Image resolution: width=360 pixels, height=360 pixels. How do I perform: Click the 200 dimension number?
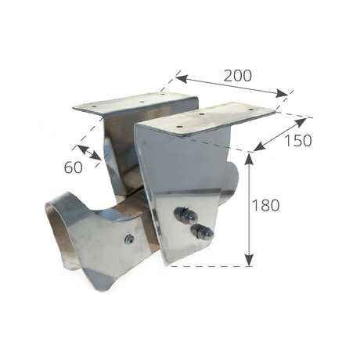click(238, 76)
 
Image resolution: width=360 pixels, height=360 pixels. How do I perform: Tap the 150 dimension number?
click(298, 141)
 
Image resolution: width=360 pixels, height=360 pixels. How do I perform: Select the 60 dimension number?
click(74, 167)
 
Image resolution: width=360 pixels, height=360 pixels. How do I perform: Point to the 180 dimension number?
click(266, 205)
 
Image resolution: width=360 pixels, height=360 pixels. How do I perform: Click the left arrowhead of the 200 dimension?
click(182, 78)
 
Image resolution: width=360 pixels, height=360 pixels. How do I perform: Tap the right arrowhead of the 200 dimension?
click(282, 93)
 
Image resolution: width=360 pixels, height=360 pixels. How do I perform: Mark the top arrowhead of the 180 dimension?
click(250, 159)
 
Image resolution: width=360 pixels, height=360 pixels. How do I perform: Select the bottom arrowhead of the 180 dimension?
click(250, 261)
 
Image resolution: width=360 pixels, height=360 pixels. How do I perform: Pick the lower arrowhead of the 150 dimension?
click(259, 147)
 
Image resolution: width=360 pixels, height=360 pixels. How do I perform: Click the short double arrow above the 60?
click(89, 153)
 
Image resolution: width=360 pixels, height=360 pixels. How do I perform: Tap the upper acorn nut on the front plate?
click(185, 214)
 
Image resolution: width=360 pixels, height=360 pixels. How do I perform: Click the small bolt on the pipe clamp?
click(129, 238)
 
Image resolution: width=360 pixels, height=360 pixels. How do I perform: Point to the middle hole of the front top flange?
click(201, 114)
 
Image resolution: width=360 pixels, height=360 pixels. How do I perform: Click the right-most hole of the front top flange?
click(251, 109)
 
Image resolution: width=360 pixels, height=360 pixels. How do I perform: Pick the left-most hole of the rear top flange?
click(94, 106)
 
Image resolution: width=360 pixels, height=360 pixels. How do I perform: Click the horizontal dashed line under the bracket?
click(208, 266)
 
